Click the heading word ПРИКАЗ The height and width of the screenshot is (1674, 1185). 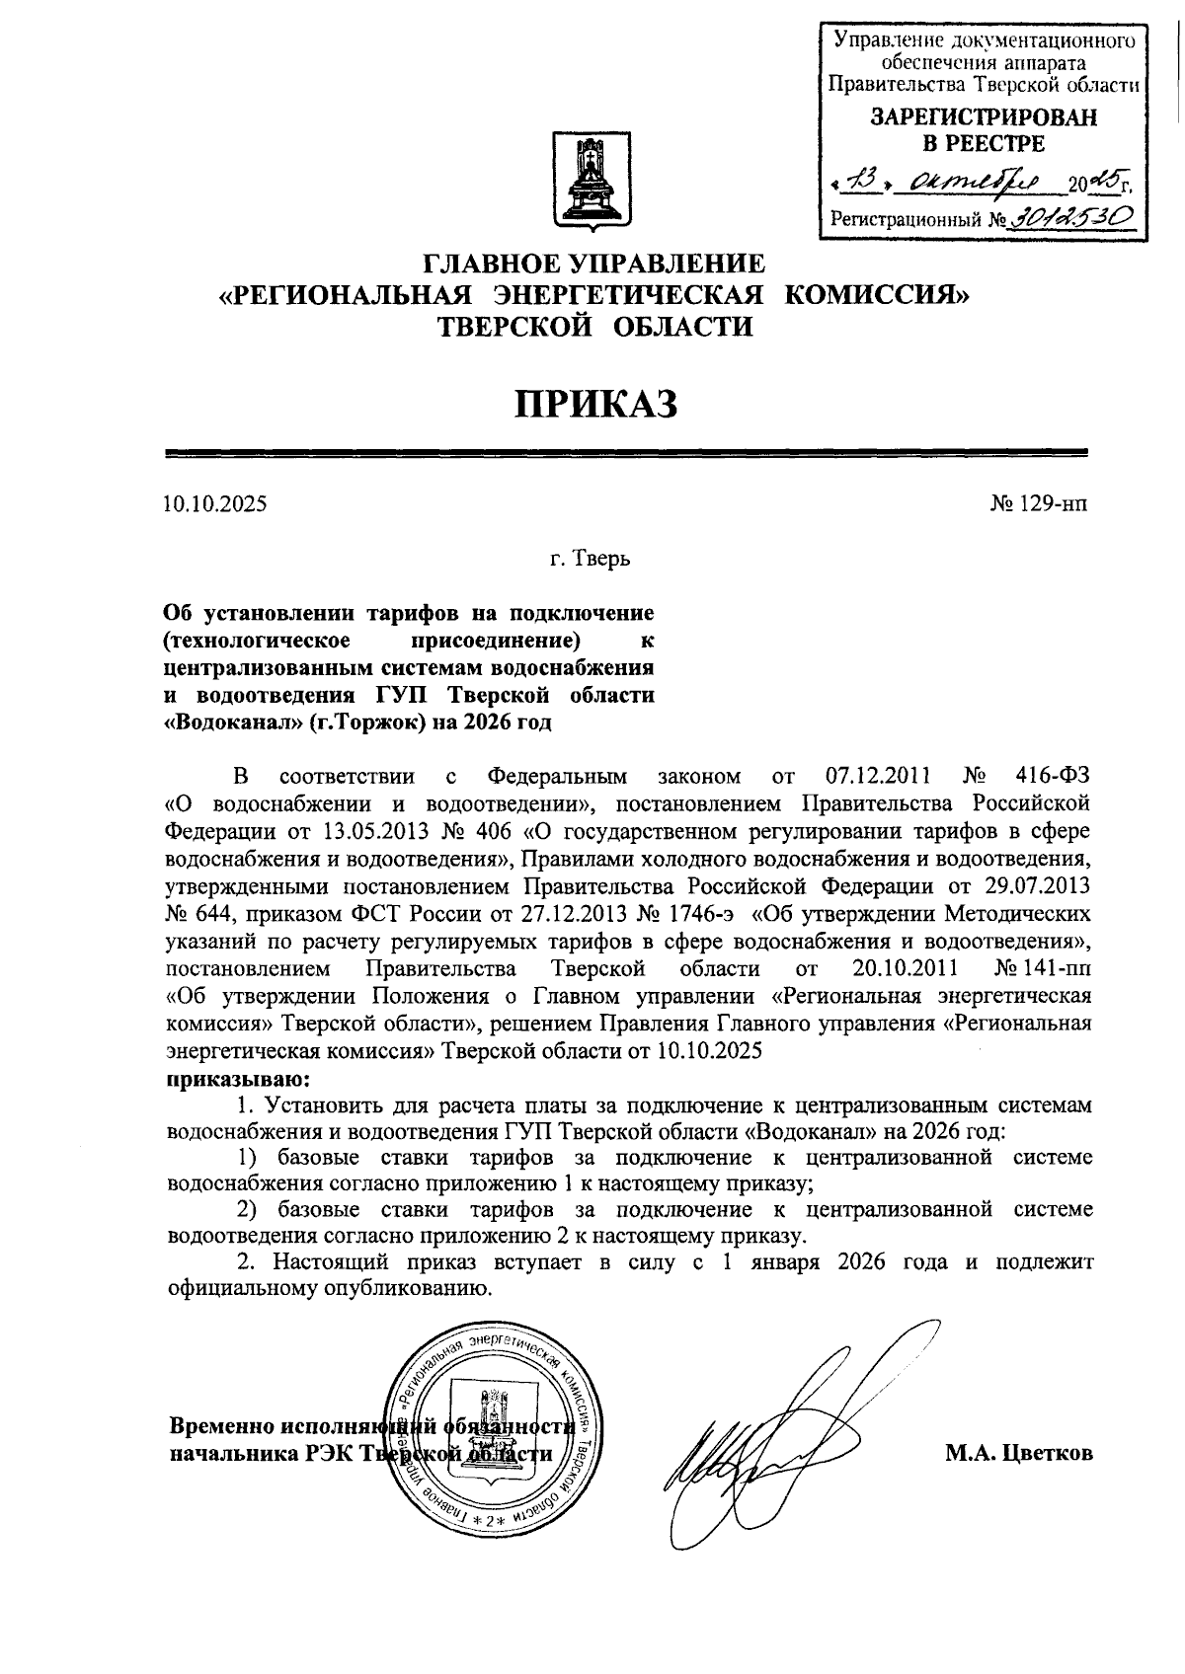pyautogui.click(x=592, y=403)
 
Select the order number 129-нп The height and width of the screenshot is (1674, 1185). pyautogui.click(x=1052, y=504)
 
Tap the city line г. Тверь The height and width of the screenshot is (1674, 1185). pyautogui.click(x=591, y=560)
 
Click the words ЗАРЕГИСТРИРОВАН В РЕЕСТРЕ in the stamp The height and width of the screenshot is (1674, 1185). pyautogui.click(x=983, y=130)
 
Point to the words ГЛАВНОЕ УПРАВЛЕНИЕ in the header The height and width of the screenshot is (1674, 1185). pyautogui.click(x=593, y=264)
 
